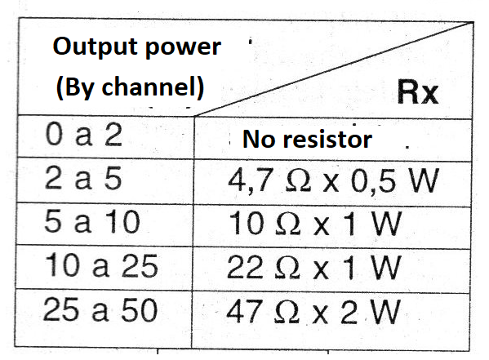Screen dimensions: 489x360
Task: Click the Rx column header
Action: point(418,92)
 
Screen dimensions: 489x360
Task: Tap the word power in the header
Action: point(184,48)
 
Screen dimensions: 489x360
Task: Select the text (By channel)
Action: point(130,87)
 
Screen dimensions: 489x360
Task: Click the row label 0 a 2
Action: point(83,135)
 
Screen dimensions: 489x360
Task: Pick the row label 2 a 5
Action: point(83,178)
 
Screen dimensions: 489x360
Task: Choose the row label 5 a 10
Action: point(92,221)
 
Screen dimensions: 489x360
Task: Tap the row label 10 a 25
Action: point(101,265)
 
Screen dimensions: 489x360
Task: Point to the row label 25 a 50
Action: point(100,309)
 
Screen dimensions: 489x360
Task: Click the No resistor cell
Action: point(307,139)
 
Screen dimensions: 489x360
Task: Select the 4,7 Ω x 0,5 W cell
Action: point(334,180)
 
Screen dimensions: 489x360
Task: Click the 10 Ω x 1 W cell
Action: point(315,224)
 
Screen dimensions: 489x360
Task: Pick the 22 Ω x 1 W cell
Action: point(313,268)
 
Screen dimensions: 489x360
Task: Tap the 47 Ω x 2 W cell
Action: point(313,312)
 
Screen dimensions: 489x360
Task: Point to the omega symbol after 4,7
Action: point(298,181)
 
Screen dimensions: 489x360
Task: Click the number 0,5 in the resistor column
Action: point(374,181)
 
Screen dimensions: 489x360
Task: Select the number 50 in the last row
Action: point(140,310)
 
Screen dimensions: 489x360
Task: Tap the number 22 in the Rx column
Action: point(245,268)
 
